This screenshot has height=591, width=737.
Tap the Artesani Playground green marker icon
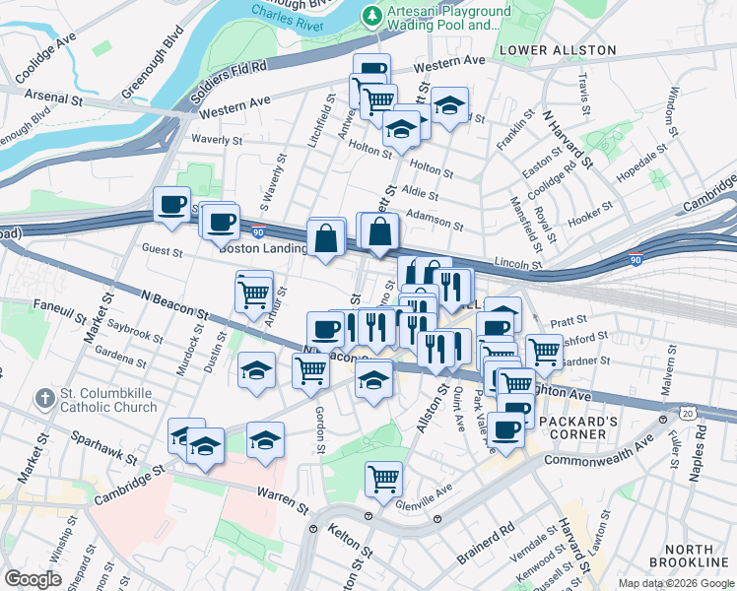(371, 15)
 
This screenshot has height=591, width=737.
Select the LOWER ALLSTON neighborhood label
(558, 50)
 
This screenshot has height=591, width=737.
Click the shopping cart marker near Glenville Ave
(383, 479)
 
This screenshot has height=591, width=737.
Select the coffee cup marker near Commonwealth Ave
(505, 429)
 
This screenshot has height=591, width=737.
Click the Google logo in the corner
(33, 579)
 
